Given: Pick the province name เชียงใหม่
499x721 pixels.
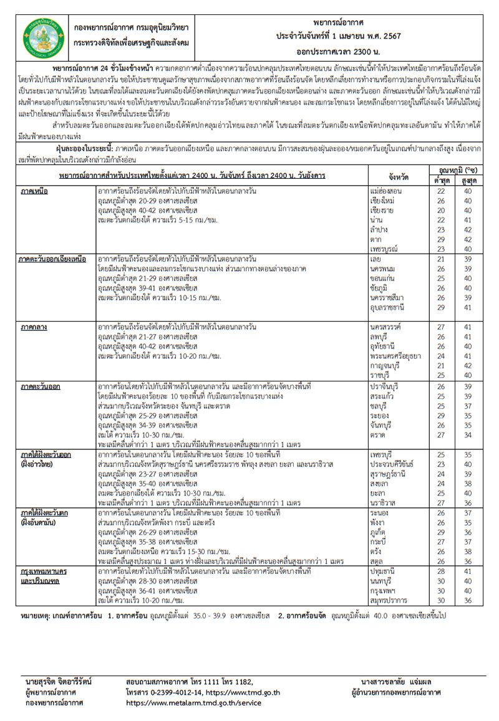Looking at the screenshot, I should (x=383, y=201).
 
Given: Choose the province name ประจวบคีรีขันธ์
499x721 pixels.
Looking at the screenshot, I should (x=391, y=464).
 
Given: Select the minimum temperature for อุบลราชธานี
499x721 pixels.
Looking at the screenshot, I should (x=442, y=308).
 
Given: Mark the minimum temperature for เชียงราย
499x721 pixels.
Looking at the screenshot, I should (x=442, y=211).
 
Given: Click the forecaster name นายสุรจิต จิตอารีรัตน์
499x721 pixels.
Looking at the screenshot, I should (x=59, y=682).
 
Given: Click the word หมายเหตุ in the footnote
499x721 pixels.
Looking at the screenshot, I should (x=37, y=615).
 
